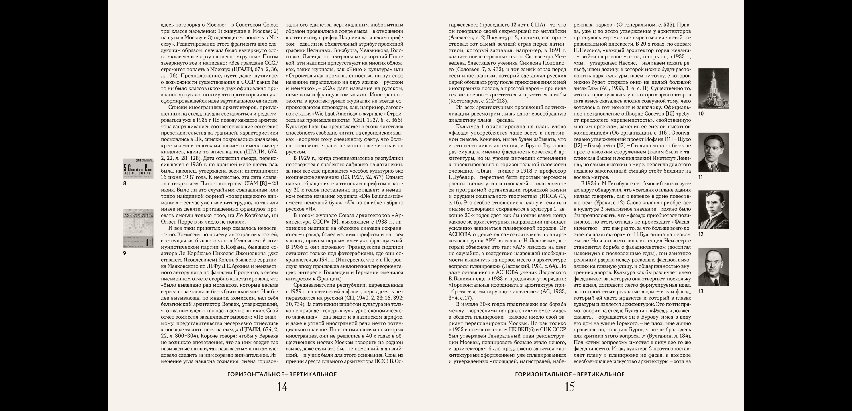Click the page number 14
[282, 387]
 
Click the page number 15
[570, 387]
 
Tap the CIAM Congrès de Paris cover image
[138, 169]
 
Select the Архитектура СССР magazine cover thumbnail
[138, 229]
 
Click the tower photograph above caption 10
[713, 88]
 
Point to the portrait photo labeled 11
[713, 152]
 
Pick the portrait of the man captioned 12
[713, 210]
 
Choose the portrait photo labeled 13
[713, 267]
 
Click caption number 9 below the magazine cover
[125, 253]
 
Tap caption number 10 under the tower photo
[701, 114]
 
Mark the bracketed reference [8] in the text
[263, 184]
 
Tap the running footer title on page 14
[282, 374]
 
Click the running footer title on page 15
[570, 374]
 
